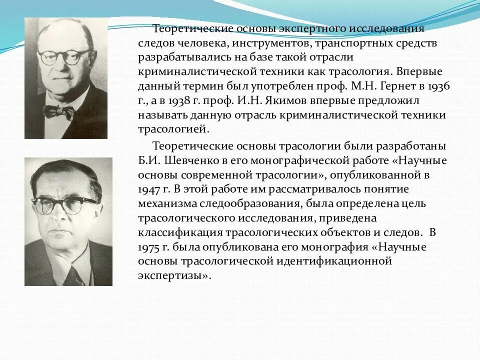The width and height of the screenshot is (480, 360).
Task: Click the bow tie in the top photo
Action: pyautogui.click(x=59, y=111)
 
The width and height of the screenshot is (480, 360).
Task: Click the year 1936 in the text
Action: pyautogui.click(x=438, y=86)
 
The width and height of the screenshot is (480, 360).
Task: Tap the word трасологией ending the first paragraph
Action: pyautogui.click(x=173, y=129)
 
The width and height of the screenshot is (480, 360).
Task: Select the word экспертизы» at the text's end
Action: pyautogui.click(x=174, y=276)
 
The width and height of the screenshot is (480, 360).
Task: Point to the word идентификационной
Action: pyautogui.click(x=334, y=261)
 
